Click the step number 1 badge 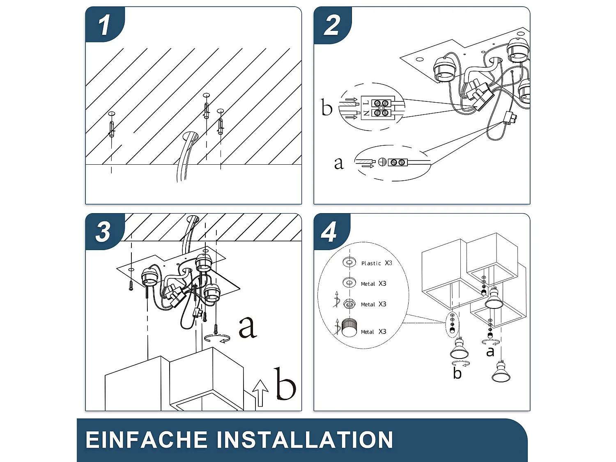(x=104, y=25)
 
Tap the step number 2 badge (x=332, y=25)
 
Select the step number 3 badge (x=103, y=232)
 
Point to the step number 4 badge (x=329, y=232)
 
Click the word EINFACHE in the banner (x=146, y=439)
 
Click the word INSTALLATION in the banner (x=304, y=439)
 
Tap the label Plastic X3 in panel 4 (x=376, y=263)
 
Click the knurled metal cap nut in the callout (x=349, y=327)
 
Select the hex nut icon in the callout (x=349, y=303)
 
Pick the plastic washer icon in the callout (x=349, y=263)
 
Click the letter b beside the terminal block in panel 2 (x=326, y=107)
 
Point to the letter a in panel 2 (x=339, y=163)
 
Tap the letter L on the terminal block (x=366, y=103)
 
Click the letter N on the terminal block (x=366, y=113)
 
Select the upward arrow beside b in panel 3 (x=260, y=393)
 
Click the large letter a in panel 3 (x=248, y=327)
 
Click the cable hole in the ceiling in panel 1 (x=191, y=136)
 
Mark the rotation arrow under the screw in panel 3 (x=217, y=338)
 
